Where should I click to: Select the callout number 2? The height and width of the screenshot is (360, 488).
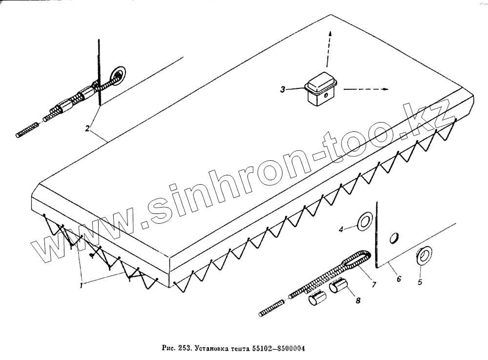(x=87, y=128)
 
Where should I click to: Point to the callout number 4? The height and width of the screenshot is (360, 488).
(x=342, y=228)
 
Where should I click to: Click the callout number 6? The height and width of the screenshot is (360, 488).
(x=399, y=279)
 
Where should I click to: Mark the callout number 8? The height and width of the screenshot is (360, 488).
(x=358, y=301)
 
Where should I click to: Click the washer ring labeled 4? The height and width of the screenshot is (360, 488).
(x=365, y=221)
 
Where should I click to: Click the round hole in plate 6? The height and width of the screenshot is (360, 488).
(x=394, y=238)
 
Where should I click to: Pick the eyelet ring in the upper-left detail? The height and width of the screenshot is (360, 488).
(x=117, y=75)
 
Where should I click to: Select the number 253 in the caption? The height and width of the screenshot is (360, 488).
(x=183, y=348)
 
